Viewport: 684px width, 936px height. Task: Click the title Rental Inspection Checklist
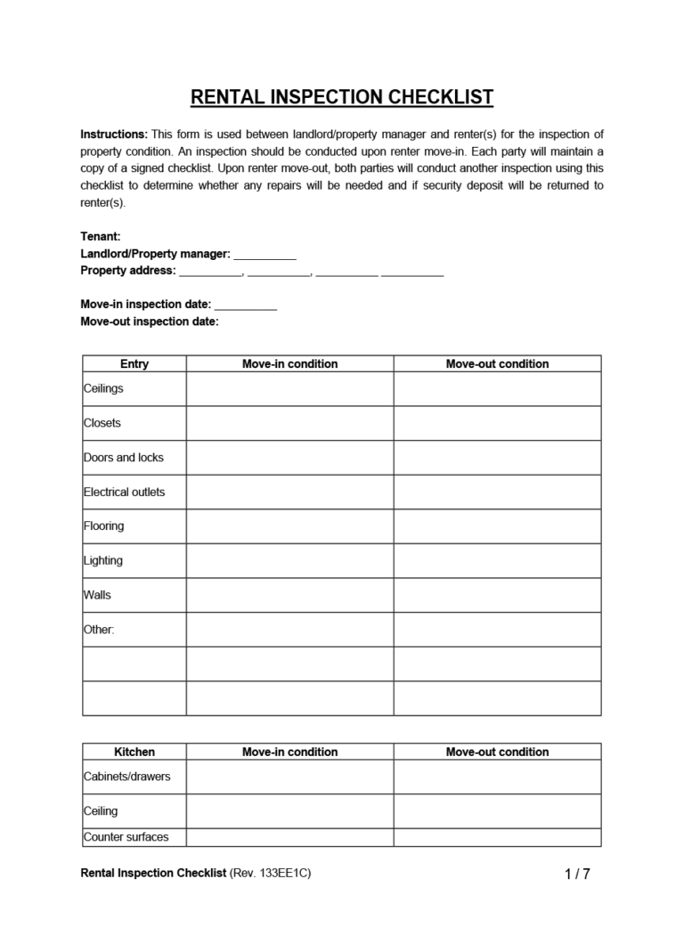tap(342, 97)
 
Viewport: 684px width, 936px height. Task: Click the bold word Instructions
tap(114, 134)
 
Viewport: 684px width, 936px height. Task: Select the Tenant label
tap(100, 237)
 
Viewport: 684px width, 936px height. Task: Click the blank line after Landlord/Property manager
tap(265, 255)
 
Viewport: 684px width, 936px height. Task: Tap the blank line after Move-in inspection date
tap(246, 305)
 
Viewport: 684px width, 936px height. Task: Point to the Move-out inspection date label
tap(149, 321)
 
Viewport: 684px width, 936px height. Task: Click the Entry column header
tap(134, 363)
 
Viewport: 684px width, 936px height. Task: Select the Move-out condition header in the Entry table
tap(497, 363)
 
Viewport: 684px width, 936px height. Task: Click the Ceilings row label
tap(104, 388)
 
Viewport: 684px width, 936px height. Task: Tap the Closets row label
tap(102, 423)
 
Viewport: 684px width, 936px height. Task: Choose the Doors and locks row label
tap(124, 457)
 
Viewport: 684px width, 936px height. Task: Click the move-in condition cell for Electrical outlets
tap(289, 492)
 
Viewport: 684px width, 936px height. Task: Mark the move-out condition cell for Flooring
tap(497, 526)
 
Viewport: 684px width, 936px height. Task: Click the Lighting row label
tap(103, 560)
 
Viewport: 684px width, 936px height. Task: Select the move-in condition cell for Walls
tap(289, 595)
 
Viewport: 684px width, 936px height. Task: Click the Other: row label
tap(99, 629)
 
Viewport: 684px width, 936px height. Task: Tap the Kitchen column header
tap(134, 752)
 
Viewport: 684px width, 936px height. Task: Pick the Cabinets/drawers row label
tap(126, 776)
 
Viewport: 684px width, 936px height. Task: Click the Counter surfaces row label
tap(126, 837)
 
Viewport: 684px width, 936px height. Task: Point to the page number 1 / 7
tap(577, 875)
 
